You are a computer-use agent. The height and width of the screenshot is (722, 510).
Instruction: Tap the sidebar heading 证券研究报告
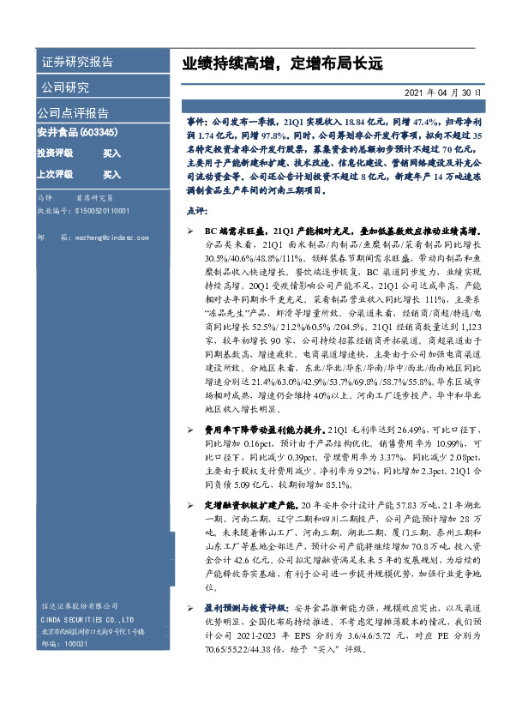77,62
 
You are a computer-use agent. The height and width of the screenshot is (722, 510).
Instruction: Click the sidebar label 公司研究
65,87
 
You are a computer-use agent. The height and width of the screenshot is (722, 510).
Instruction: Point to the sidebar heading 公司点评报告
72,112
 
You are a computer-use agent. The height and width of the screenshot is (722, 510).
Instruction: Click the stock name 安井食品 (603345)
78,132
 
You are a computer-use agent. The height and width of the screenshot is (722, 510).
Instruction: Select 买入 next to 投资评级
111,153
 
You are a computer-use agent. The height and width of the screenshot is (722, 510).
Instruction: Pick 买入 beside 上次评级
111,174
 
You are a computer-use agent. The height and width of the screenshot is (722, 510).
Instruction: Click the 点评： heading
195,210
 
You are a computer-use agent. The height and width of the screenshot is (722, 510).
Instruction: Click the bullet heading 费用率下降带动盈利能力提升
266,429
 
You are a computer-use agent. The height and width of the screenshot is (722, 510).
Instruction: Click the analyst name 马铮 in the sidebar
45,197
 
